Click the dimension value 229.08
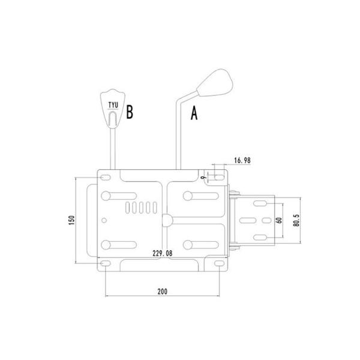(163, 253)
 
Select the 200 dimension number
(163, 292)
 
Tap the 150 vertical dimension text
(72, 220)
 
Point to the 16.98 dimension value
(242, 160)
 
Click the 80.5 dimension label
(296, 220)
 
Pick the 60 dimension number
(279, 220)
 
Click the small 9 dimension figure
(203, 178)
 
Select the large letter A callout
(194, 113)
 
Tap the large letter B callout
(130, 112)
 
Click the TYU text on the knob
(113, 105)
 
